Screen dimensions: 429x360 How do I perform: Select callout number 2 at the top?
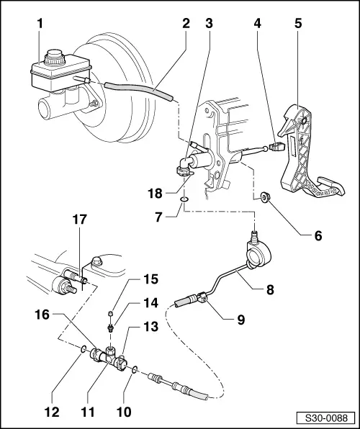[x=185, y=24]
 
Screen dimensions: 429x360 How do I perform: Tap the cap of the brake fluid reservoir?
[x=54, y=55]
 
